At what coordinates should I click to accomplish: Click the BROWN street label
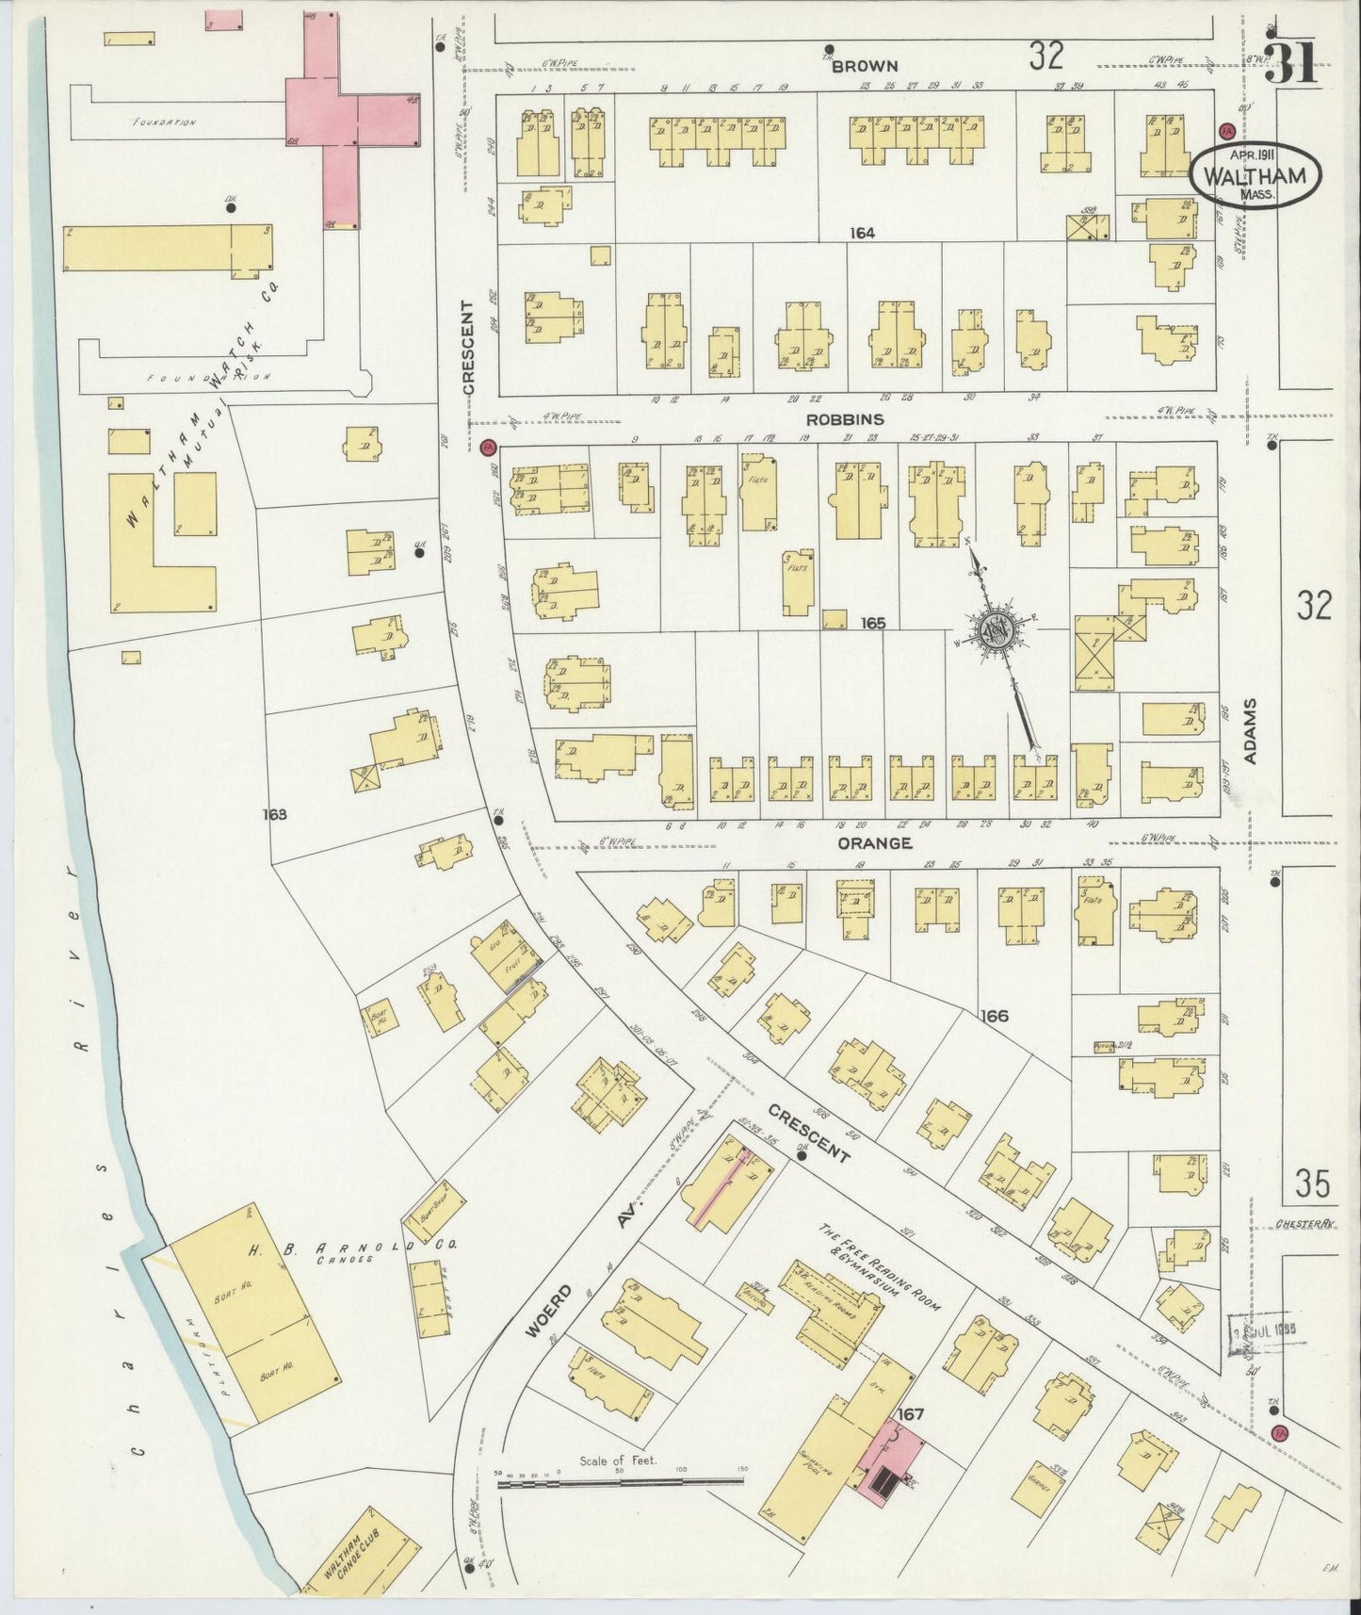[x=864, y=66]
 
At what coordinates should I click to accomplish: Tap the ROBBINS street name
[x=845, y=419]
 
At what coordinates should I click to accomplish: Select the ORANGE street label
[x=875, y=842]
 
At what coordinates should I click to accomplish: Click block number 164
[x=860, y=233]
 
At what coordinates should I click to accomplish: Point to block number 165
[x=873, y=623]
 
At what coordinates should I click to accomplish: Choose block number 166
[x=994, y=1016]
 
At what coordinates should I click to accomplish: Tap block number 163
[x=275, y=814]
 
